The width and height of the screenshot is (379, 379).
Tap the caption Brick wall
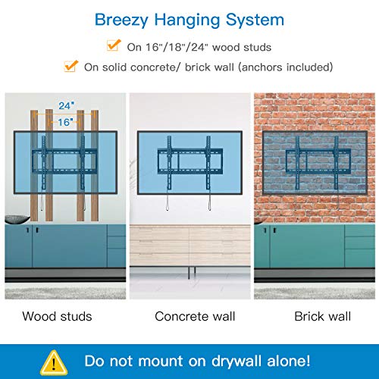pyautogui.click(x=319, y=315)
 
